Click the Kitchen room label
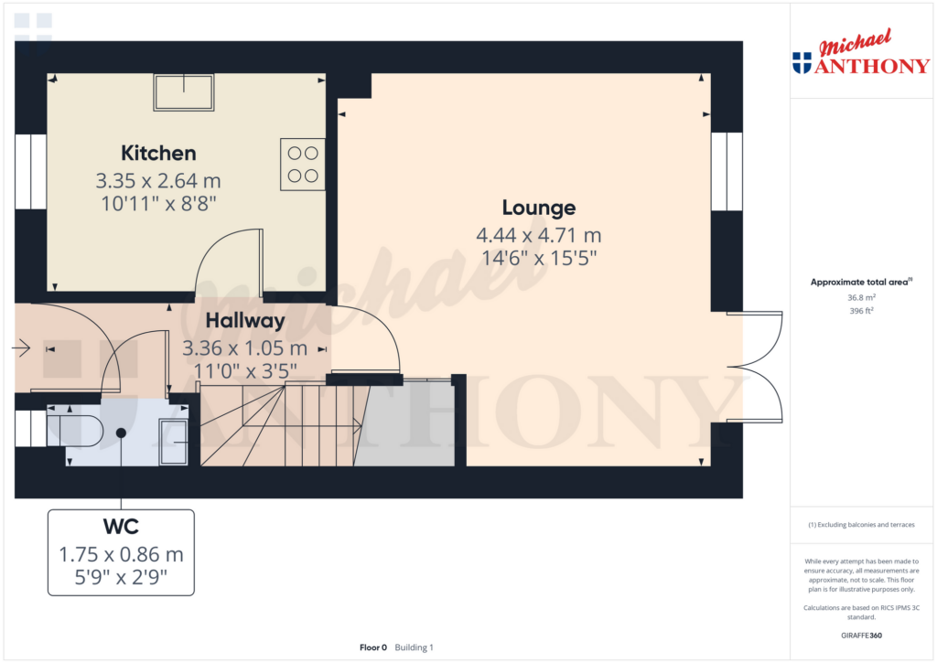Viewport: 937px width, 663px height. (x=158, y=153)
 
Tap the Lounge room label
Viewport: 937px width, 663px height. (x=539, y=208)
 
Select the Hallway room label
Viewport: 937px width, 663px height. (x=245, y=321)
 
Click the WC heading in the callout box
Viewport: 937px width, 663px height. (x=121, y=526)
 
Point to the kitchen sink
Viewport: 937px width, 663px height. (x=183, y=92)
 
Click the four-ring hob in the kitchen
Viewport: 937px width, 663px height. (x=303, y=165)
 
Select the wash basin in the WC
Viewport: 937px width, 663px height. (x=173, y=442)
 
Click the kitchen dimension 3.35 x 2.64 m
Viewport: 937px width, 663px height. (x=158, y=180)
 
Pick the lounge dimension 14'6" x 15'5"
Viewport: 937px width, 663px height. (x=539, y=258)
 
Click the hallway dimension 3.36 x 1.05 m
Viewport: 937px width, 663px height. (x=245, y=348)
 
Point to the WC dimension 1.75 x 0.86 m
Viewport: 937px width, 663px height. (x=121, y=554)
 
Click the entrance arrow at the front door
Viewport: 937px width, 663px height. (x=21, y=347)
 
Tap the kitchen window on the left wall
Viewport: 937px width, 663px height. (x=30, y=171)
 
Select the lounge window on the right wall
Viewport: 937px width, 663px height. (x=727, y=171)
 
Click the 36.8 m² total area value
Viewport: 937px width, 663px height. (x=861, y=297)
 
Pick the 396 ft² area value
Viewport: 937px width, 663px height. (x=861, y=311)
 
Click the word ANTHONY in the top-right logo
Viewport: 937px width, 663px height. (x=872, y=66)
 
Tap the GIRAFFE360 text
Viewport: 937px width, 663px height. (x=861, y=636)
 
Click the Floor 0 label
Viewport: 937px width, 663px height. (x=373, y=647)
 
